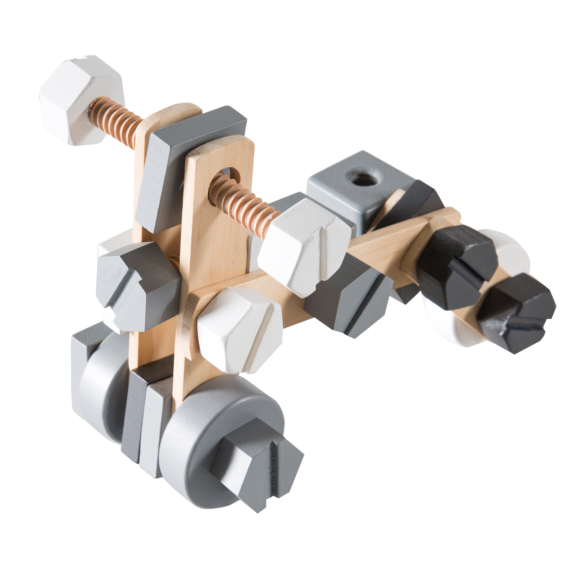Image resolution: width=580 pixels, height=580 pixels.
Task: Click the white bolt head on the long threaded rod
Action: [x=303, y=243]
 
